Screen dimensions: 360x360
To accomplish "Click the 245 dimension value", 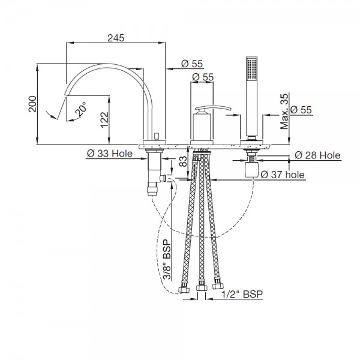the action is click(x=116, y=38).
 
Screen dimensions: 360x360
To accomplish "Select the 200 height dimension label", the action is click(x=32, y=104).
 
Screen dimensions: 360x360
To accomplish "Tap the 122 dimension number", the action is click(x=104, y=119).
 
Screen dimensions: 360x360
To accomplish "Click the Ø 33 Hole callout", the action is click(x=110, y=154).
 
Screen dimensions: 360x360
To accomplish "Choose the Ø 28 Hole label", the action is click(x=317, y=155).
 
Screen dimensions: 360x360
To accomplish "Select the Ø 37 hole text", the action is click(x=283, y=175).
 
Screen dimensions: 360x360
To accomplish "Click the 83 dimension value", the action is click(x=183, y=161).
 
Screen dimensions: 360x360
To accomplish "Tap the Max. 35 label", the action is click(x=284, y=112).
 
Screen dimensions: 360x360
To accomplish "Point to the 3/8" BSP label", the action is click(x=167, y=259).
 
